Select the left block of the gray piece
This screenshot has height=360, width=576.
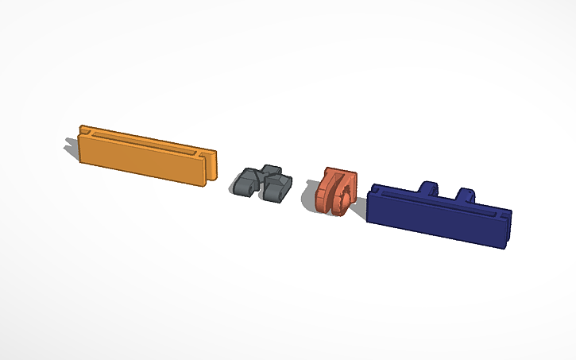coord(246,184)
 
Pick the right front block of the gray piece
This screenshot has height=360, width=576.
coord(277,189)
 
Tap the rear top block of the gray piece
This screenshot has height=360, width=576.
coord(271,170)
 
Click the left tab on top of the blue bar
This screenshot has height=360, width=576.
coord(427,188)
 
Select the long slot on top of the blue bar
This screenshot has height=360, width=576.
coord(445,202)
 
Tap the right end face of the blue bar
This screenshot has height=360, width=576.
coord(505,230)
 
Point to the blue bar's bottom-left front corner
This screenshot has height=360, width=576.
coord(370,220)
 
